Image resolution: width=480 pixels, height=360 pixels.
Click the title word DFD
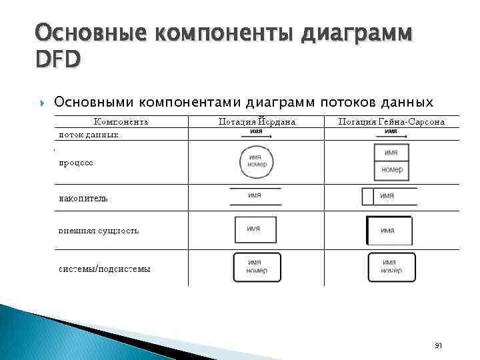click(x=58, y=59)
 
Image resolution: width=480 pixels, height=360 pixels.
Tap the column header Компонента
click(x=121, y=121)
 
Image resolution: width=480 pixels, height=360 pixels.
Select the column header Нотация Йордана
click(x=257, y=121)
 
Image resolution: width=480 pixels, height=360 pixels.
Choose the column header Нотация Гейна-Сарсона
click(x=391, y=121)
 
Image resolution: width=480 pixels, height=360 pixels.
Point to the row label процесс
click(x=76, y=162)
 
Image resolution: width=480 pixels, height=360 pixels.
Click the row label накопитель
click(x=83, y=198)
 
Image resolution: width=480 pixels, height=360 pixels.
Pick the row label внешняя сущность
click(x=99, y=231)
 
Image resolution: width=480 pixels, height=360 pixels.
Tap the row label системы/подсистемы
click(x=105, y=269)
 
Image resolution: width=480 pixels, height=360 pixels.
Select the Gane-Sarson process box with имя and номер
click(x=391, y=162)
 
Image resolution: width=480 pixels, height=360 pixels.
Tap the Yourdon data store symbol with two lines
click(x=255, y=196)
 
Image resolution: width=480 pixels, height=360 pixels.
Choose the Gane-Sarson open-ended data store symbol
click(x=389, y=196)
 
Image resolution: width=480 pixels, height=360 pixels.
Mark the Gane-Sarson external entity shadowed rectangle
click(x=389, y=231)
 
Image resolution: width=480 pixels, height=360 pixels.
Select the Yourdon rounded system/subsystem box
click(x=257, y=267)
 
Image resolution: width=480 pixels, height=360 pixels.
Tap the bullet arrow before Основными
click(x=43, y=103)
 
